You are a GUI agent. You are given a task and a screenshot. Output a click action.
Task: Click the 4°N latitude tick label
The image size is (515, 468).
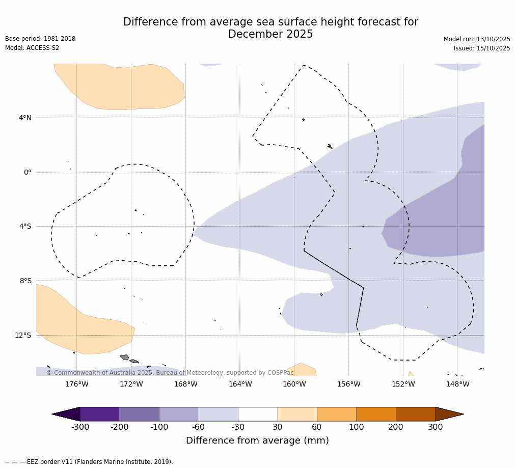point(25,118)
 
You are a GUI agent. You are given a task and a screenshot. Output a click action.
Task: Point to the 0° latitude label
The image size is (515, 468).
point(28,172)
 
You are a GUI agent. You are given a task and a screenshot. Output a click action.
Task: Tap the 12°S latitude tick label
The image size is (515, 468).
point(23,335)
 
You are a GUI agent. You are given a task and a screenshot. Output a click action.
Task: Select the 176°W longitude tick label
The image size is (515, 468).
point(76,384)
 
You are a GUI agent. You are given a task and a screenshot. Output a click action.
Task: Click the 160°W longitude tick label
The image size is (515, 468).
point(294,384)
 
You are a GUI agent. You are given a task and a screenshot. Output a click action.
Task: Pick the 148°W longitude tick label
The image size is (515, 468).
point(457,384)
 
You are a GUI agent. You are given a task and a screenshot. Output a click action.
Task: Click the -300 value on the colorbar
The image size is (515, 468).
point(80,427)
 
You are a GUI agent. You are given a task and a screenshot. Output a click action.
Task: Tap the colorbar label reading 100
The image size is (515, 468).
point(357,427)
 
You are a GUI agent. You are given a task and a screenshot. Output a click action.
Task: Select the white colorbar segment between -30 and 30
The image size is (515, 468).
point(258,414)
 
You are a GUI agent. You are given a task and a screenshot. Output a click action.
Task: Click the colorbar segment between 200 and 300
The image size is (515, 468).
point(416,414)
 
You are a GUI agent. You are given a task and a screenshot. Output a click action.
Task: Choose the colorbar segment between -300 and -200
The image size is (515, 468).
point(100,414)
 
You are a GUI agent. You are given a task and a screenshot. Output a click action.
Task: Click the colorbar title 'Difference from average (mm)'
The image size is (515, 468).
point(257,441)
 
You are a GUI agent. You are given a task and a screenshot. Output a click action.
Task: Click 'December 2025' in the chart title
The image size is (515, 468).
point(270,35)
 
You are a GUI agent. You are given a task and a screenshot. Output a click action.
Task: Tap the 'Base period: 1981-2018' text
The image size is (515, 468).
point(40,39)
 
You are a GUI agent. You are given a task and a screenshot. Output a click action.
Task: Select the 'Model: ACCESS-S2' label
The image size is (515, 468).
point(32,48)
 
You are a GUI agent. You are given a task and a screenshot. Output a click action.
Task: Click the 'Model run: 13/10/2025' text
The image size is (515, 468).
point(477,39)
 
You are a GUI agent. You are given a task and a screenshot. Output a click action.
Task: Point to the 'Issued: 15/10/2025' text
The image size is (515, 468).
point(482,48)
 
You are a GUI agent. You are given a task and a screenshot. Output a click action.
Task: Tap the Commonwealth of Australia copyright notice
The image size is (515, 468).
point(170,373)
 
